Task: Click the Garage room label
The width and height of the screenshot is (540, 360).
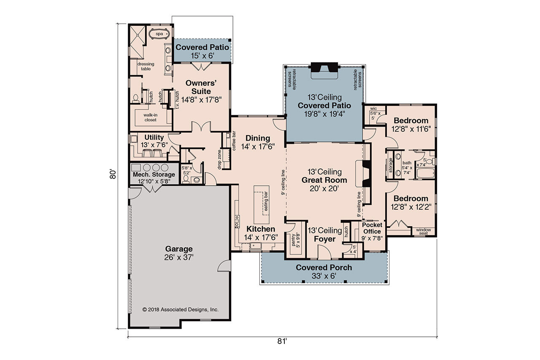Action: pos(179,249)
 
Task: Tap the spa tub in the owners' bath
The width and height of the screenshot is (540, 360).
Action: pos(159,33)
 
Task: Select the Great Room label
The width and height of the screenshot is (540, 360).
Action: pos(324,180)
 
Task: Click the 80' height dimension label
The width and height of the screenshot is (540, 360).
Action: pos(113,174)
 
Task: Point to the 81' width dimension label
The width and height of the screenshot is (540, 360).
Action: pos(282,341)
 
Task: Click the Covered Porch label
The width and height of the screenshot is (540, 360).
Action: pos(324,268)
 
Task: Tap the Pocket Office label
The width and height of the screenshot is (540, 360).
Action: pos(372,228)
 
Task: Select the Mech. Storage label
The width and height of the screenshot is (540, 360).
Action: pos(154,175)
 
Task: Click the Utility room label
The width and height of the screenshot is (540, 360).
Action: pos(154,138)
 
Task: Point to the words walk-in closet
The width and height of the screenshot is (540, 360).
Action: pos(150,117)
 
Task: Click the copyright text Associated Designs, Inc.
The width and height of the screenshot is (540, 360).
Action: pos(181,309)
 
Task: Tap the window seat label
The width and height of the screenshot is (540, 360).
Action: pos(424,232)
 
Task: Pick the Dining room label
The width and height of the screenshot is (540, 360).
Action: pos(257,138)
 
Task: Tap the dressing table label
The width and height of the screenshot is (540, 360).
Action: pos(146,66)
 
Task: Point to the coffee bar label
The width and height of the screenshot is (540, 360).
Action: pos(234,142)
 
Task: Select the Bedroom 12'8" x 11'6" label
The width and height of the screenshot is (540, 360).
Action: pos(411,121)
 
